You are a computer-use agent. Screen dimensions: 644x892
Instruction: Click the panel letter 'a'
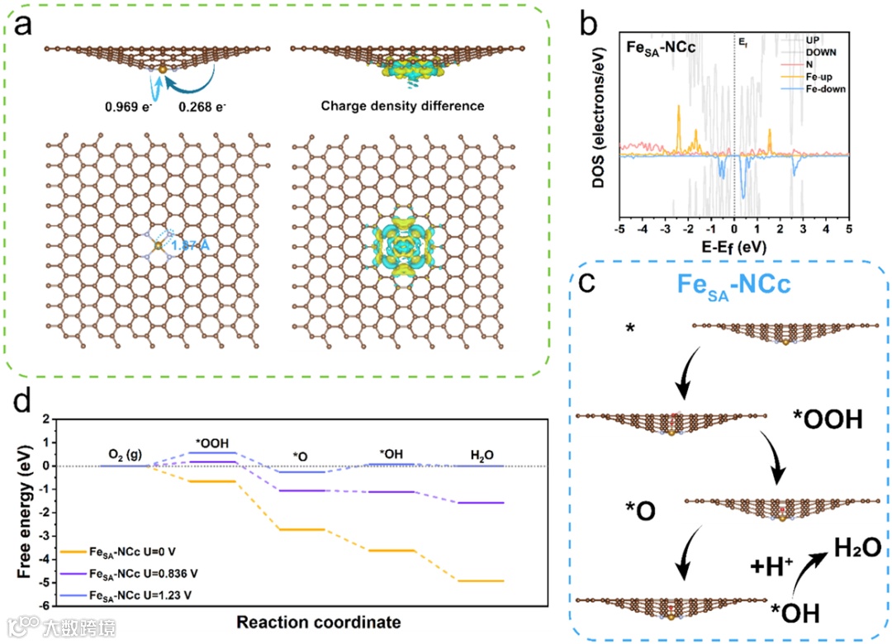pos(24,26)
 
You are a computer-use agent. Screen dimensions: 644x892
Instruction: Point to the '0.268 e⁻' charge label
pos(197,107)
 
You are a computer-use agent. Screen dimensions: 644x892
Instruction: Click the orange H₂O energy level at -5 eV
pos(479,581)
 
